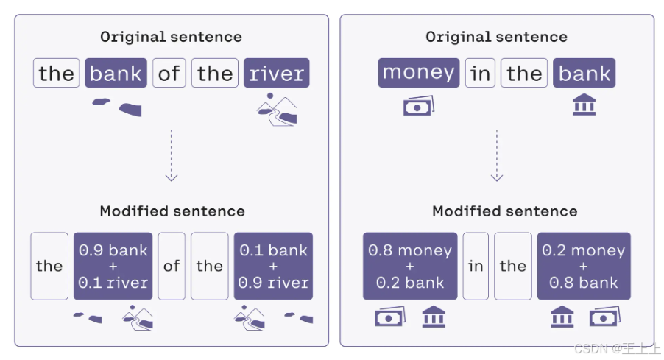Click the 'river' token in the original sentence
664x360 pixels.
277,74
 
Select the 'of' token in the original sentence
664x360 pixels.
169,74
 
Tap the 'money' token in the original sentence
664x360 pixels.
419,73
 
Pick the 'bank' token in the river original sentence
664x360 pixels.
116,74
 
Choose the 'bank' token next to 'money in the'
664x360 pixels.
584,74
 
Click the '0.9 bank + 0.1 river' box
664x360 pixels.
113,266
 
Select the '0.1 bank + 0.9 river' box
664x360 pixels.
273,266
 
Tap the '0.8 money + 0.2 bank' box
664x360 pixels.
410,266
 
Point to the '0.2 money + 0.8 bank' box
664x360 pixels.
584,266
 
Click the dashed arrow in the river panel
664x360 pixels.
172,155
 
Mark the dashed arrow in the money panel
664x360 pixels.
497,155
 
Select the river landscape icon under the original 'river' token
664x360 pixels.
277,109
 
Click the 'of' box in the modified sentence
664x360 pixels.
172,266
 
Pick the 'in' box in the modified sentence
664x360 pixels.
476,266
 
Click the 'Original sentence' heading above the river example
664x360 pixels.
171,37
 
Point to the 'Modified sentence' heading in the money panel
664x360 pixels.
505,211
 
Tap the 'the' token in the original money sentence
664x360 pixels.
524,74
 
